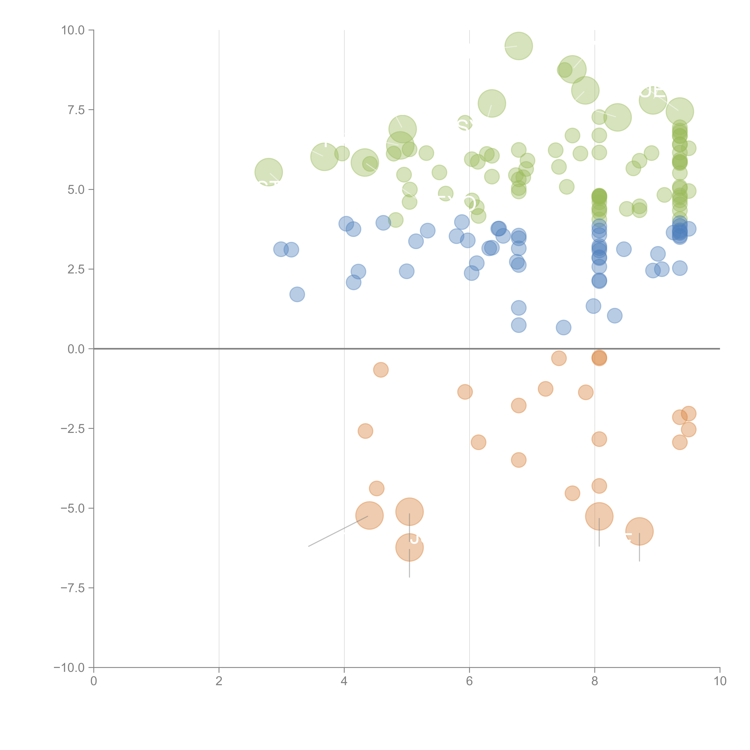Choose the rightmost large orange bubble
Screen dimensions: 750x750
tap(639, 531)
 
